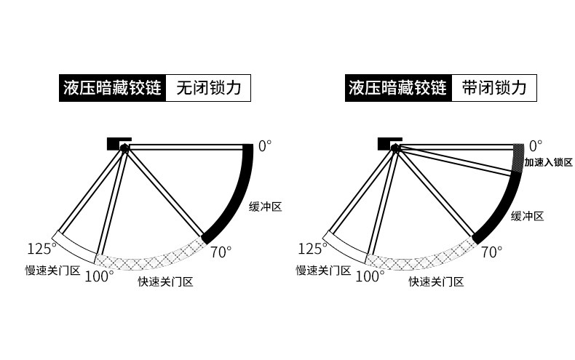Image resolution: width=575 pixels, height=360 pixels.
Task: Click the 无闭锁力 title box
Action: point(208,89)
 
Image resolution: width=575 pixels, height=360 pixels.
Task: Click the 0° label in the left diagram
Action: point(265,145)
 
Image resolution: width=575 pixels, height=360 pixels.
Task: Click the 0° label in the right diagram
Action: point(536,145)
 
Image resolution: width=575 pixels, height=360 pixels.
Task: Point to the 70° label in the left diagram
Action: point(221,252)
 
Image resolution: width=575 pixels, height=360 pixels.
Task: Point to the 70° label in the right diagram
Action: point(492,252)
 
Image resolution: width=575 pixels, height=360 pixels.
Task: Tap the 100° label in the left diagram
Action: point(99,276)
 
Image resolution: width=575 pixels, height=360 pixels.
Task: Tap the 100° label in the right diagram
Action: point(370,276)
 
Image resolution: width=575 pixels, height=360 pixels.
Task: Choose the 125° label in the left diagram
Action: point(42,249)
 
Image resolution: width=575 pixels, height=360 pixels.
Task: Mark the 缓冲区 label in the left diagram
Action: point(265,207)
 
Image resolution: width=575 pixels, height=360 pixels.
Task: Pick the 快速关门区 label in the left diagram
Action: point(165,282)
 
